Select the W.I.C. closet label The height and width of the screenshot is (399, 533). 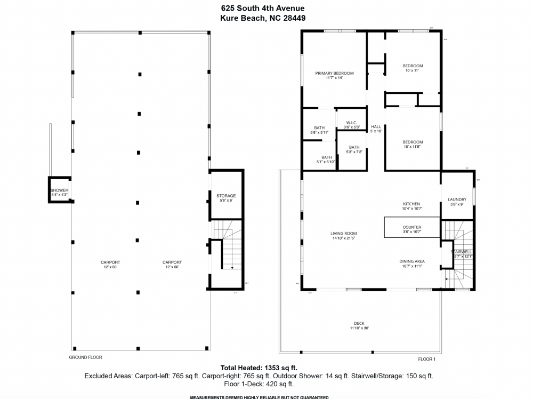point(351,125)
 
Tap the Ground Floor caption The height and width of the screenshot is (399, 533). point(85,357)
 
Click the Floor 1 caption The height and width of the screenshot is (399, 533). point(426,359)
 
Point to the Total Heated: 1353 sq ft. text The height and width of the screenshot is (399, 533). point(259,368)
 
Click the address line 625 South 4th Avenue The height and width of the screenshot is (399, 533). point(263,8)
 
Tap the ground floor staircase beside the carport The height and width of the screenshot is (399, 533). point(228,251)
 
